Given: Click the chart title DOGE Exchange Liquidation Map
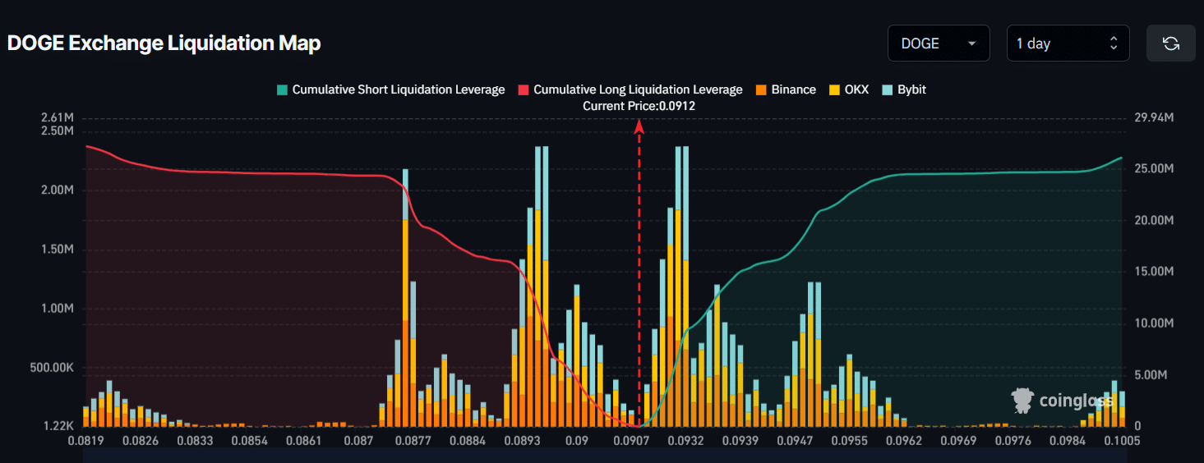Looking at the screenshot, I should click(164, 44).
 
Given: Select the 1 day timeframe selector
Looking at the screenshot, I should click(1068, 44).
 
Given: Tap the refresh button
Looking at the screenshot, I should click(1170, 44).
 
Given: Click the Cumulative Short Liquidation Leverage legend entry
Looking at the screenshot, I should click(390, 89).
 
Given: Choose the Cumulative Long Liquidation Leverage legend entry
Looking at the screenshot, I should click(630, 89).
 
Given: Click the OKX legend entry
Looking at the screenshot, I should click(849, 89).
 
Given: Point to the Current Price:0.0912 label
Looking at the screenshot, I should click(639, 106).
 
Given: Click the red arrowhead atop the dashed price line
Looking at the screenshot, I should click(639, 124).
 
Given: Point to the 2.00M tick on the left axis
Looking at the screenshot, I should click(58, 190).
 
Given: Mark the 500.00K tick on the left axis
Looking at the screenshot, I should click(52, 368).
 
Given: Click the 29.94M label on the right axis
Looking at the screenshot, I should click(1154, 118).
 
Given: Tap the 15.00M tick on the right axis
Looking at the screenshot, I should click(1154, 272).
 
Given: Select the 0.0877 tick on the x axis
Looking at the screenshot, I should click(413, 441).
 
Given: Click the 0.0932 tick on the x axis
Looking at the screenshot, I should click(685, 441).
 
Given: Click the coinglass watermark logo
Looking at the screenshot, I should click(1063, 401).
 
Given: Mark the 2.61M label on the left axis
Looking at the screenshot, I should click(58, 118).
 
